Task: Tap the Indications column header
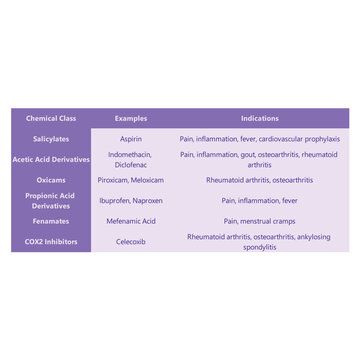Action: click(x=259, y=118)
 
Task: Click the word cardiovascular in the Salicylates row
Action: click(x=286, y=139)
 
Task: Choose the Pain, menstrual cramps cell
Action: click(x=259, y=220)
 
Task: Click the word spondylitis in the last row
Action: click(x=259, y=246)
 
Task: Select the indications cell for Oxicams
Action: click(x=259, y=180)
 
